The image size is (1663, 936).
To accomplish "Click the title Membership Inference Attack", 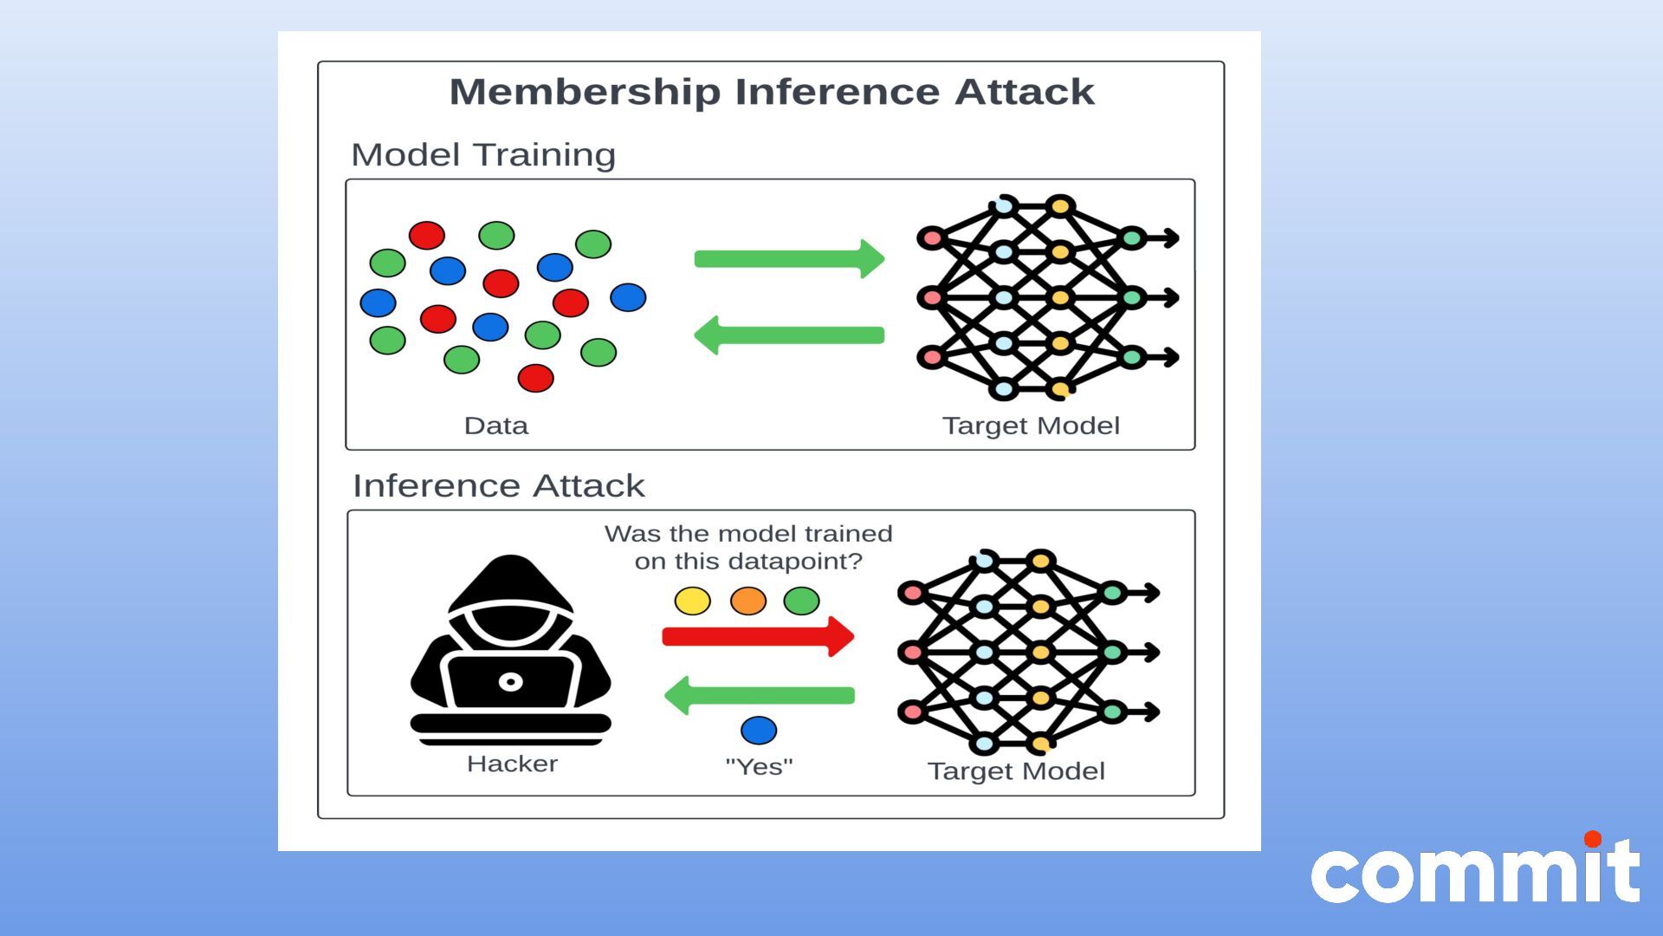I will click(x=771, y=92).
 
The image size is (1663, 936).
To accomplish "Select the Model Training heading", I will click(x=483, y=155).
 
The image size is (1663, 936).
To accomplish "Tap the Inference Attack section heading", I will click(x=499, y=485).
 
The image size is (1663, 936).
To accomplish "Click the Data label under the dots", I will click(x=495, y=426).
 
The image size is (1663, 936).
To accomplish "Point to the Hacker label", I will click(x=512, y=764).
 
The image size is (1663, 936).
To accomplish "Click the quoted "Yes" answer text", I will click(x=759, y=766).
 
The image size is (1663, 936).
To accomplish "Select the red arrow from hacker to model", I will click(x=757, y=637).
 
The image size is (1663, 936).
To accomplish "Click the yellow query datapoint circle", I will click(x=692, y=601).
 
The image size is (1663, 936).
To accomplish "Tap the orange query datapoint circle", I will click(x=747, y=601).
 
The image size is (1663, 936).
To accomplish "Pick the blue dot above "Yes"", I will click(x=759, y=731).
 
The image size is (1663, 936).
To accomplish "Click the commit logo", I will click(x=1474, y=872).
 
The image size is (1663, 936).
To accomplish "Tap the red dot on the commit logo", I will click(x=1592, y=839).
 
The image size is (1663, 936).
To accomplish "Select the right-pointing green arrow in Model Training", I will click(x=788, y=258).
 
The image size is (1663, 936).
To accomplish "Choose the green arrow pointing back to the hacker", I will click(x=759, y=695).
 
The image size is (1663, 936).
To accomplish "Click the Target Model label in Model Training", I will click(x=1031, y=426).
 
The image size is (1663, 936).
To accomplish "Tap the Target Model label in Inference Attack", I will click(x=1016, y=771).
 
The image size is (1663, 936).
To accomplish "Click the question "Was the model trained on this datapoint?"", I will click(x=748, y=547).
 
